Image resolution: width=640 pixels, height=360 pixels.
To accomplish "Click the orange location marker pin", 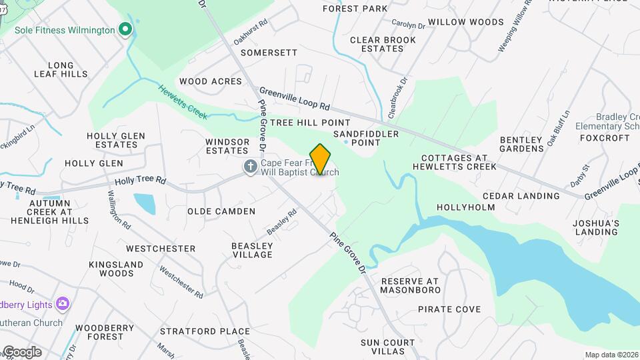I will coord(321,159).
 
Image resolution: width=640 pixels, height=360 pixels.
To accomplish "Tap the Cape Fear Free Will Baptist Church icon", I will coord(251,167).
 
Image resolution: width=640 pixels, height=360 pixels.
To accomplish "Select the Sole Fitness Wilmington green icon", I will coord(124,29).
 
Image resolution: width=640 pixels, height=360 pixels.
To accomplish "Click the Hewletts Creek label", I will coord(179,99).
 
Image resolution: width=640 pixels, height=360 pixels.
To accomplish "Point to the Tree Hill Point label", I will coord(310,123).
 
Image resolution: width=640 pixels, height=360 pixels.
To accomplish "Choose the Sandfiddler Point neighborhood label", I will coord(366,138).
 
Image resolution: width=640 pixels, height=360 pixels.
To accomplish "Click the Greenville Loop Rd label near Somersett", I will coord(295,99).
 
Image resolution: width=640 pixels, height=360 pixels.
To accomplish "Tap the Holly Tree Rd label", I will coord(140,180).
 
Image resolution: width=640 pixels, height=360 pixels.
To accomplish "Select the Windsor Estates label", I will coord(227,146).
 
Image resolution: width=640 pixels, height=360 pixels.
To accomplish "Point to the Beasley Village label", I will coord(252,250).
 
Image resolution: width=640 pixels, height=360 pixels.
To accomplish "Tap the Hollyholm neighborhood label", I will coord(466,207).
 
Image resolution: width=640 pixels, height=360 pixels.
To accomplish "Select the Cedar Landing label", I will coord(521,196).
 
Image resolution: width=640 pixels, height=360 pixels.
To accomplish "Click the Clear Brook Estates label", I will coord(383,44).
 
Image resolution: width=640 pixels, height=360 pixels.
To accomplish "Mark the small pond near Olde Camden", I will coord(144,203).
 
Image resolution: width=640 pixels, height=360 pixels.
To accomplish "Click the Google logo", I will coord(21,352).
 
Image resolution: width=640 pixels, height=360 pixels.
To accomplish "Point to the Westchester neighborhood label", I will coord(161,249).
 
